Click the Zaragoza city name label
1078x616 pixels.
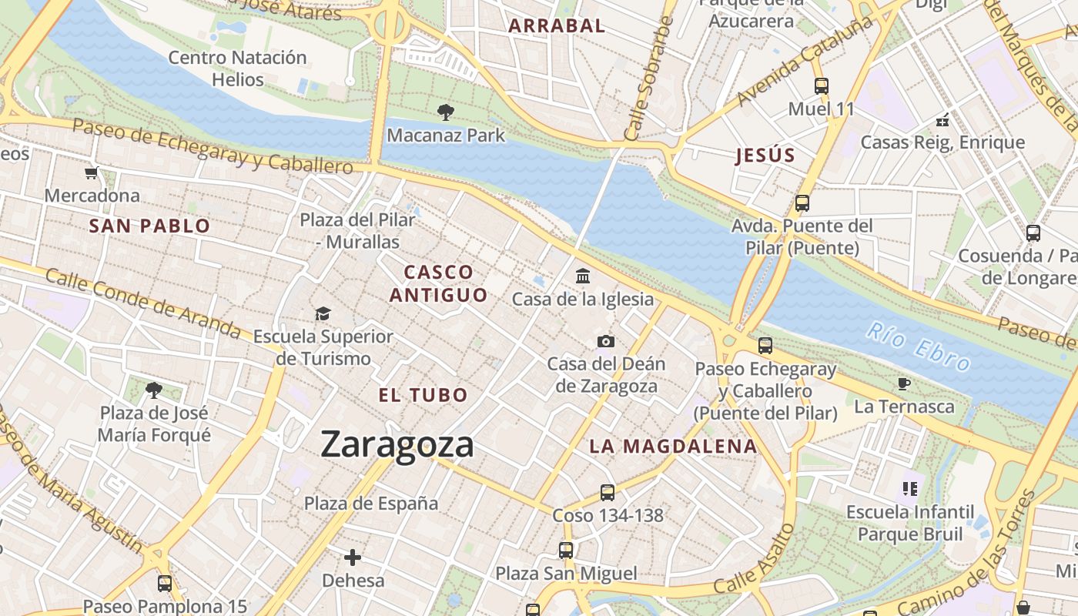pos(397,445)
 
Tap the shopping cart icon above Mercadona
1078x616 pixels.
pos(92,172)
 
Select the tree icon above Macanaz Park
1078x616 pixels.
pos(445,112)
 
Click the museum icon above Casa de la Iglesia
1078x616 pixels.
pos(583,276)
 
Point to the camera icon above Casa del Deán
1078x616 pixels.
pos(606,341)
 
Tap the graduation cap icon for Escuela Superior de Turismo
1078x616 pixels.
pos(323,313)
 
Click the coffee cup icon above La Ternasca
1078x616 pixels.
pos(904,383)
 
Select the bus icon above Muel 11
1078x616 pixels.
pos(822,85)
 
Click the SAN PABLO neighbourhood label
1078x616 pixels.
pos(149,226)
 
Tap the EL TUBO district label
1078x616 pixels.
pos(423,395)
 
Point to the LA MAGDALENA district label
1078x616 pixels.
pos(673,446)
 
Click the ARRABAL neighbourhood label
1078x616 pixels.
pos(557,25)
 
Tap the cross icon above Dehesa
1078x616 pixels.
pos(353,557)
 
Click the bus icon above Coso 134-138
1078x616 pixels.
pos(608,492)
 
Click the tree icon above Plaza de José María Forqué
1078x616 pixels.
pos(154,390)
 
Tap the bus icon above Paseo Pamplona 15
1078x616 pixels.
pos(165,583)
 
